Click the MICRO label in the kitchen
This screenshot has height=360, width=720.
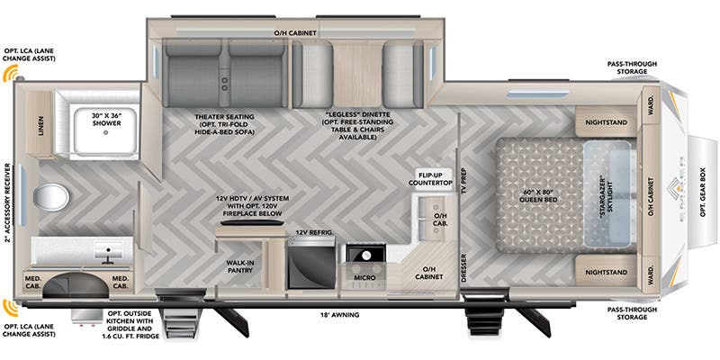(364, 278)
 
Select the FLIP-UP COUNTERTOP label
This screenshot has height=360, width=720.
(433, 178)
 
